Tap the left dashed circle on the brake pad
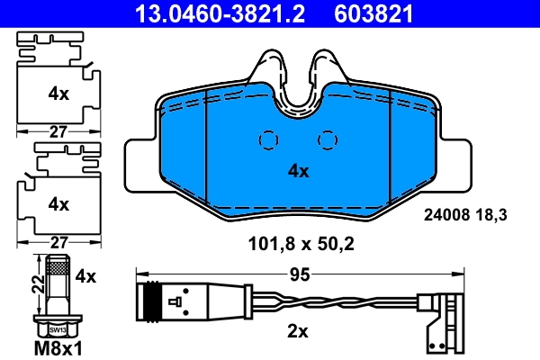[x=268, y=140]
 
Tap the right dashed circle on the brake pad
[x=329, y=140]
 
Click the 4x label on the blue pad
[x=298, y=171]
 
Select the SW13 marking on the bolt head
[x=58, y=330]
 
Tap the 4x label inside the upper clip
[x=58, y=93]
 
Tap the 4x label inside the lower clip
[x=58, y=204]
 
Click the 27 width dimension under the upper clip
[x=58, y=130]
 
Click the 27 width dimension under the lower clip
[x=58, y=241]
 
